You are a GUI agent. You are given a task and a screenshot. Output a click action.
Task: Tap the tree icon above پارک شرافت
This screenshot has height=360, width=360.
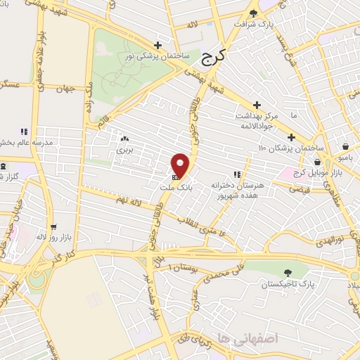pyautogui.click(x=254, y=12)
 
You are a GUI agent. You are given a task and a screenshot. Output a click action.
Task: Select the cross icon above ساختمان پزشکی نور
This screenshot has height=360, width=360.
pyautogui.click(x=158, y=44)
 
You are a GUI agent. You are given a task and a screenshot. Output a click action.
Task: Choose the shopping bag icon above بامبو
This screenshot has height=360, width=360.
pyautogui.click(x=345, y=146)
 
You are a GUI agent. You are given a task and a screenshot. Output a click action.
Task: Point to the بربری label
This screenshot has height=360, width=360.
pyautogui.click(x=124, y=150)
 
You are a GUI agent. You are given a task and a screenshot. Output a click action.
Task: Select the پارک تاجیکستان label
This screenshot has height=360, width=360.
pyautogui.click(x=287, y=285)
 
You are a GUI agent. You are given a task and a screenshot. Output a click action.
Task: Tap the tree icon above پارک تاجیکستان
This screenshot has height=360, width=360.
pyautogui.click(x=287, y=273)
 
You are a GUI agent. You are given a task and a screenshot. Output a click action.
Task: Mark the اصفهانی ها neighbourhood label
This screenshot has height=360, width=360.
pyautogui.click(x=248, y=338)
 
